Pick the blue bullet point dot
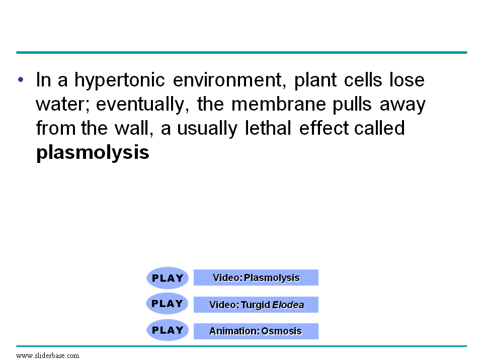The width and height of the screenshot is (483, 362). (x=21, y=80)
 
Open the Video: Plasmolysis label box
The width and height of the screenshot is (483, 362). (x=256, y=278)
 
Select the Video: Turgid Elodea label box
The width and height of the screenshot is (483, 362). (x=256, y=305)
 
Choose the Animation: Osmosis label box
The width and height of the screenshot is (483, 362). (x=256, y=331)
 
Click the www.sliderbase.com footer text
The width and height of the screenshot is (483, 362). (x=48, y=355)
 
